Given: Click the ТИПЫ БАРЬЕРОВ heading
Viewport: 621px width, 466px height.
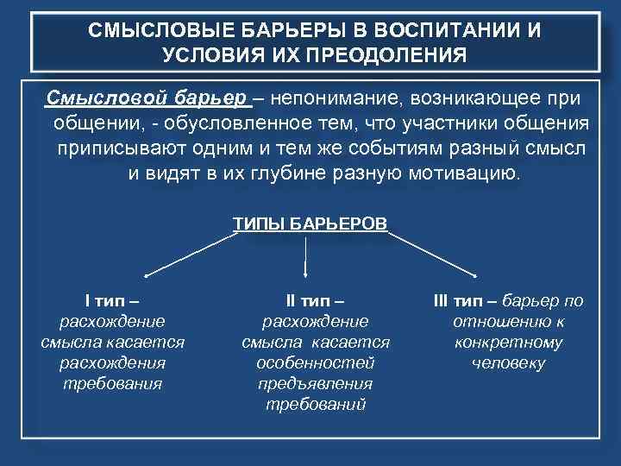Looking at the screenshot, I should point(310,224).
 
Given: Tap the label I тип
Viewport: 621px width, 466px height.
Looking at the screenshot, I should point(112,301).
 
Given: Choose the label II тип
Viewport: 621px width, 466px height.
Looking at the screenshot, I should point(315,301).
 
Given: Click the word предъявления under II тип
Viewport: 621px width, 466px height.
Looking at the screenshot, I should point(315,383).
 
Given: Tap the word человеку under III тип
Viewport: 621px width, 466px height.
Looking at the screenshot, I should point(509,362).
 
